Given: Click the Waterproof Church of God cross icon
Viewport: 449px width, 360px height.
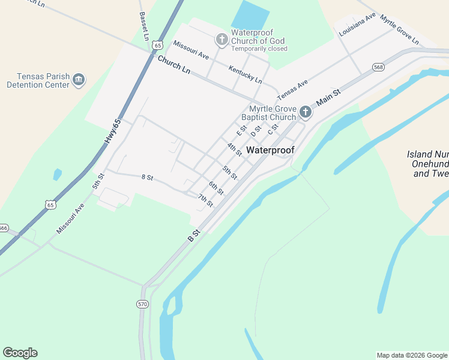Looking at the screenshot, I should [x=221, y=40].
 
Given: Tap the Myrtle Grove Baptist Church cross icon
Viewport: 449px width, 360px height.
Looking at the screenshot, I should [x=306, y=112].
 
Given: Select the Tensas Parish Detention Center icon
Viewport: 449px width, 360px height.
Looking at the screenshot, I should [x=79, y=80].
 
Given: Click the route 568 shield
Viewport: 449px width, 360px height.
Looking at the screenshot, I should [x=378, y=67].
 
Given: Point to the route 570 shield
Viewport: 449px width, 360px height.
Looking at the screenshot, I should [x=142, y=304].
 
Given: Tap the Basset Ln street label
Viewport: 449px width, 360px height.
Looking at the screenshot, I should [x=144, y=26].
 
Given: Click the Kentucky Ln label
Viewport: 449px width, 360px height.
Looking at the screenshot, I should [x=245, y=74].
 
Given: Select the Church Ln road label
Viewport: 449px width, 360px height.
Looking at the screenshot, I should [x=173, y=65].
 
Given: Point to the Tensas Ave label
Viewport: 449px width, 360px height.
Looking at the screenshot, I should [x=292, y=89].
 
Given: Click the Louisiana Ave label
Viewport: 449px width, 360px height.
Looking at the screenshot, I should [x=357, y=25].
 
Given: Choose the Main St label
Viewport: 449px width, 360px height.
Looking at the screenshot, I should [x=328, y=98].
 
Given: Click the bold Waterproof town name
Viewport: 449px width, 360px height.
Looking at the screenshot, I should [x=270, y=150].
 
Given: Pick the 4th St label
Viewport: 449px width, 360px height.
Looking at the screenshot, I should [x=235, y=149].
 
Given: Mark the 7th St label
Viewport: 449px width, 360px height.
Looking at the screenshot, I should [x=206, y=200].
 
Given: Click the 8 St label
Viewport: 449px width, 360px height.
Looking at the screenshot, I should [x=148, y=178].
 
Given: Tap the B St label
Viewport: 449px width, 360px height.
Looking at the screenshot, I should [x=193, y=235].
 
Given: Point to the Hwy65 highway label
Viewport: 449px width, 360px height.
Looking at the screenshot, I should [x=112, y=131].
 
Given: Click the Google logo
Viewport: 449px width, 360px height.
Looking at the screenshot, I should [x=20, y=353].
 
